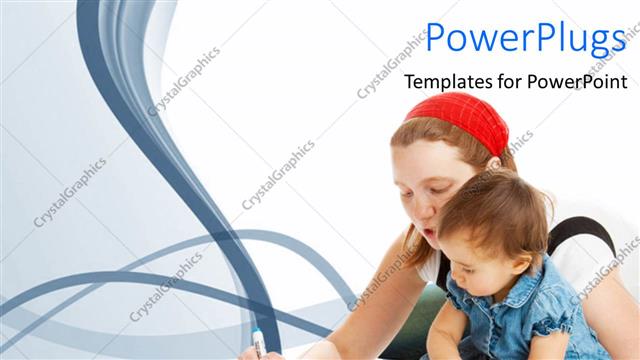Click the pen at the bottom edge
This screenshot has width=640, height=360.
(x=258, y=343)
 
